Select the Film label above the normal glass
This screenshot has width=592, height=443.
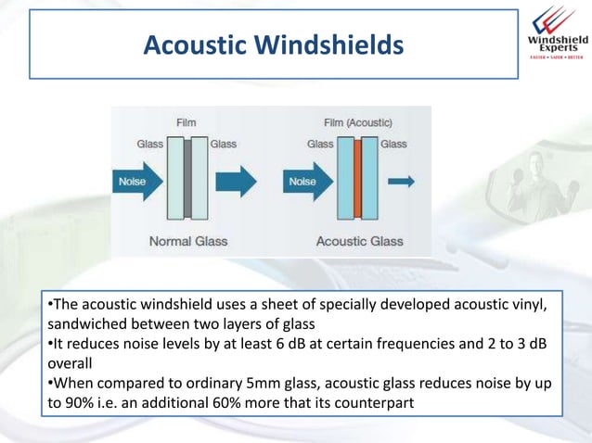186,122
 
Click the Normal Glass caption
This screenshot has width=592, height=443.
188,241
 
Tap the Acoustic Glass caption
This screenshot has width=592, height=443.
360,241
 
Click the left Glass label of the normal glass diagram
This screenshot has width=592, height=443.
150,144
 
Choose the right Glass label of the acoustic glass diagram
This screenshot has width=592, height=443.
393,144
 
